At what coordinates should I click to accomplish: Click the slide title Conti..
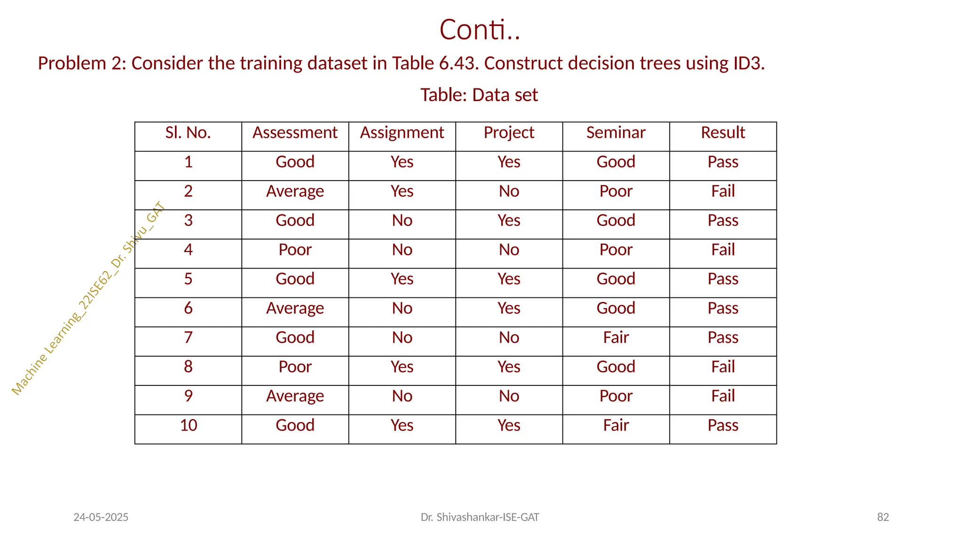coord(480,30)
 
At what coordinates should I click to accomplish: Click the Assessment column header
coord(295,133)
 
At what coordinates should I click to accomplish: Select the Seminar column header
coord(616,133)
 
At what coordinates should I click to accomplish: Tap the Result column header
coord(723,133)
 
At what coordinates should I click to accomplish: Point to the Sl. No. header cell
coord(188,133)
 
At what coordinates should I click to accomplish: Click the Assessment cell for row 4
coord(295,250)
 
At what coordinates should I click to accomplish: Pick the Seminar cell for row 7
coord(616,337)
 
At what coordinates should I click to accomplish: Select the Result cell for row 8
coord(723,367)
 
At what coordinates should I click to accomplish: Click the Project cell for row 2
coord(509,191)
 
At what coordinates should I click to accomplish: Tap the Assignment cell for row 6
coord(402,308)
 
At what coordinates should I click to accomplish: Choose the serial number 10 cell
coord(188,425)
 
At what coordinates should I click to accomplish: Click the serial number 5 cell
coord(188,279)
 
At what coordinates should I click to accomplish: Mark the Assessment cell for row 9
coord(295,396)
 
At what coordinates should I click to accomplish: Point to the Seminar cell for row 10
coord(616,425)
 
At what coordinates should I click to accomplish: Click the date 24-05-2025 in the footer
coord(101,518)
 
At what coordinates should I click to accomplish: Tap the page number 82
coord(883,518)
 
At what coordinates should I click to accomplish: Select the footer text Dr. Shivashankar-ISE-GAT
coord(480,518)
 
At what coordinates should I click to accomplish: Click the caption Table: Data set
coord(479,95)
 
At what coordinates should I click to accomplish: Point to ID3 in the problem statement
coord(748,64)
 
